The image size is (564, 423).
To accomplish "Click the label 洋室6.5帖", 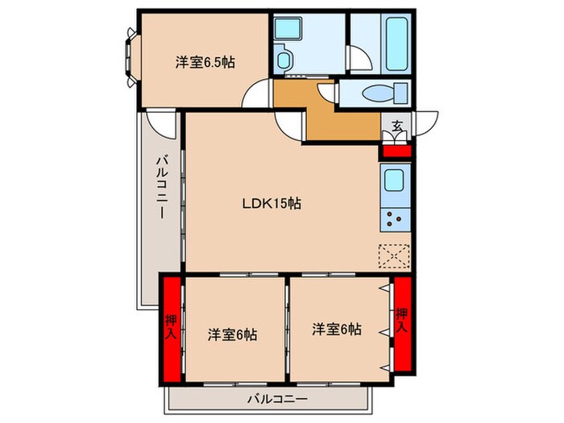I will tap(205, 62).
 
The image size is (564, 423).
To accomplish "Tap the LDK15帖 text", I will tap(272, 205).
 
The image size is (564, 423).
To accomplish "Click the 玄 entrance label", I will tap(397, 126).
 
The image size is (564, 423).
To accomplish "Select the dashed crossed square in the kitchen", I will tap(395, 257).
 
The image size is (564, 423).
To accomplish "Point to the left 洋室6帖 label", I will tap(232, 334).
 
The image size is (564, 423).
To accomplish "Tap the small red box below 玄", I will tap(396, 149).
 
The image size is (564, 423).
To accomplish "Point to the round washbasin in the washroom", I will tap(284, 60).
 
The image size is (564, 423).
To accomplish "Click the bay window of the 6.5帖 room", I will tap(131, 57).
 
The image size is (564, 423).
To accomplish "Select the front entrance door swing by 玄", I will tap(424, 122).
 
